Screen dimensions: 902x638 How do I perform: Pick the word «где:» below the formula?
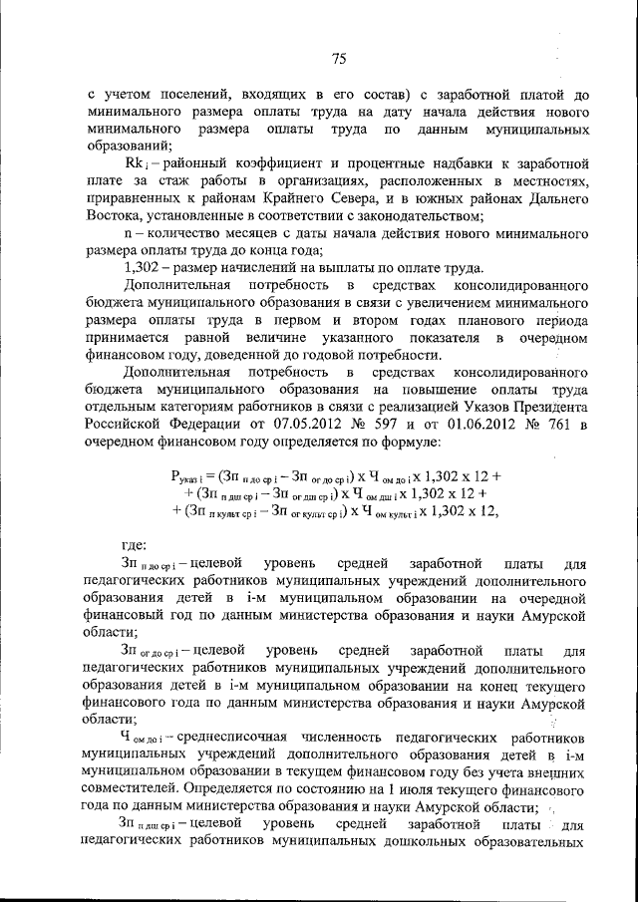135,545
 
